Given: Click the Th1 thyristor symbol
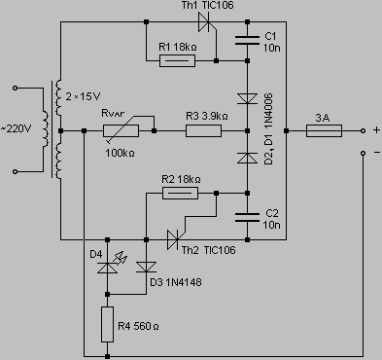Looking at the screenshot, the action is pyautogui.click(x=206, y=22).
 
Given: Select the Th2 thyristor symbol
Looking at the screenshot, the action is pyautogui.click(x=175, y=239).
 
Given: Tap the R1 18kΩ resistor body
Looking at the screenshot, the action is pyautogui.click(x=177, y=60).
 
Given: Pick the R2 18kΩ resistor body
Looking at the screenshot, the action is pyautogui.click(x=180, y=194).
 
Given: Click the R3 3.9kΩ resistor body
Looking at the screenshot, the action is pyautogui.click(x=203, y=131).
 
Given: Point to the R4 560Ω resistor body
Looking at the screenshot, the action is pyautogui.click(x=107, y=324).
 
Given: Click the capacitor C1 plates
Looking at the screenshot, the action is pyautogui.click(x=247, y=41).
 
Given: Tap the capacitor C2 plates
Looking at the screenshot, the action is pyautogui.click(x=247, y=217).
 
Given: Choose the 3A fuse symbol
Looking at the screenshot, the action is pyautogui.click(x=324, y=130).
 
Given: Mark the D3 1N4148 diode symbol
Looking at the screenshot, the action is pyautogui.click(x=146, y=267).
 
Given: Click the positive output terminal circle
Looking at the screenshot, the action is pyautogui.click(x=363, y=130).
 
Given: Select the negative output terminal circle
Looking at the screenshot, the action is pyautogui.click(x=363, y=153).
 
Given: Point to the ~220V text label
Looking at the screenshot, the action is pyautogui.click(x=16, y=129).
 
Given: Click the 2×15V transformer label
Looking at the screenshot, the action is pyautogui.click(x=83, y=96).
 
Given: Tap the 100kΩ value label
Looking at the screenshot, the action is pyautogui.click(x=120, y=153).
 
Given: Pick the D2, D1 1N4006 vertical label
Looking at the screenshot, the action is pyautogui.click(x=268, y=129).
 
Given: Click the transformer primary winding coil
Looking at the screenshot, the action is pyautogui.click(x=46, y=129).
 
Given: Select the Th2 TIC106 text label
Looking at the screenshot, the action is pyautogui.click(x=208, y=250).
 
